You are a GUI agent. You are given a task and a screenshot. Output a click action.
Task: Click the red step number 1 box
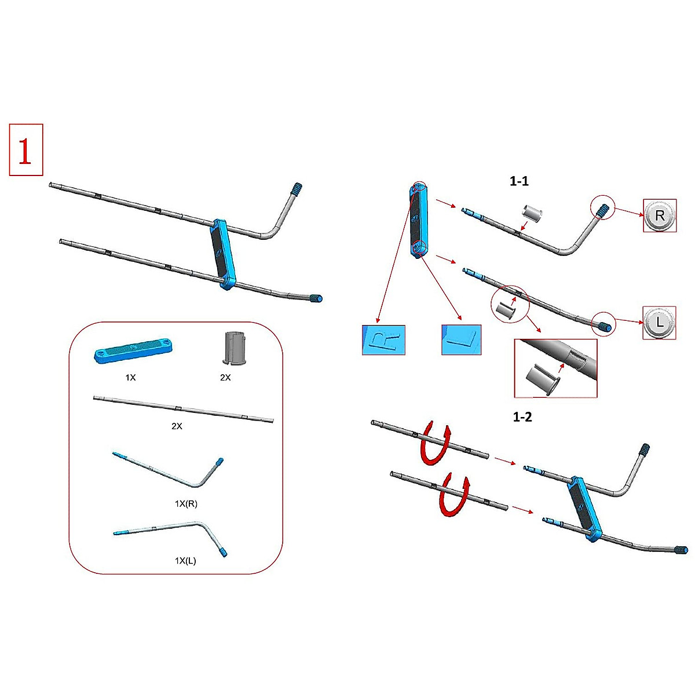coord(26,149)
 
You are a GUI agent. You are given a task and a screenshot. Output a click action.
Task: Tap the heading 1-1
coord(518,181)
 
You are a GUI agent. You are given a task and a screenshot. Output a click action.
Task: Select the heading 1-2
coord(522,417)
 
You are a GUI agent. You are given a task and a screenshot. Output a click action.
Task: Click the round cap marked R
coord(659,215)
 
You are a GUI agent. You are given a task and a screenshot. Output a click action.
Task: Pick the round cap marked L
coord(659,322)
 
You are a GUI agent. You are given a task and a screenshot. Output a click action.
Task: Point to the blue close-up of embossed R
coord(383,339)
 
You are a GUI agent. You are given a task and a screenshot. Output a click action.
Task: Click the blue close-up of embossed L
coord(461,339)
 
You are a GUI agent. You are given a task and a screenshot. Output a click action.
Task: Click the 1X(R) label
coord(186,504)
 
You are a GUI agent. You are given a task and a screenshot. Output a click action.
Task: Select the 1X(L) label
coord(185,561)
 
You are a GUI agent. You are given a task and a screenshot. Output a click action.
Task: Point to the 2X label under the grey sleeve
coord(225,378)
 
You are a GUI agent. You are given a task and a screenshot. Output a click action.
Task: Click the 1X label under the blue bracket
coord(130,378)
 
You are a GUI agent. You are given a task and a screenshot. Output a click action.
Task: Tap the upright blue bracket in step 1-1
coord(418,220)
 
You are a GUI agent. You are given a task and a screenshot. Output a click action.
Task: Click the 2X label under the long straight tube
coord(177,426)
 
